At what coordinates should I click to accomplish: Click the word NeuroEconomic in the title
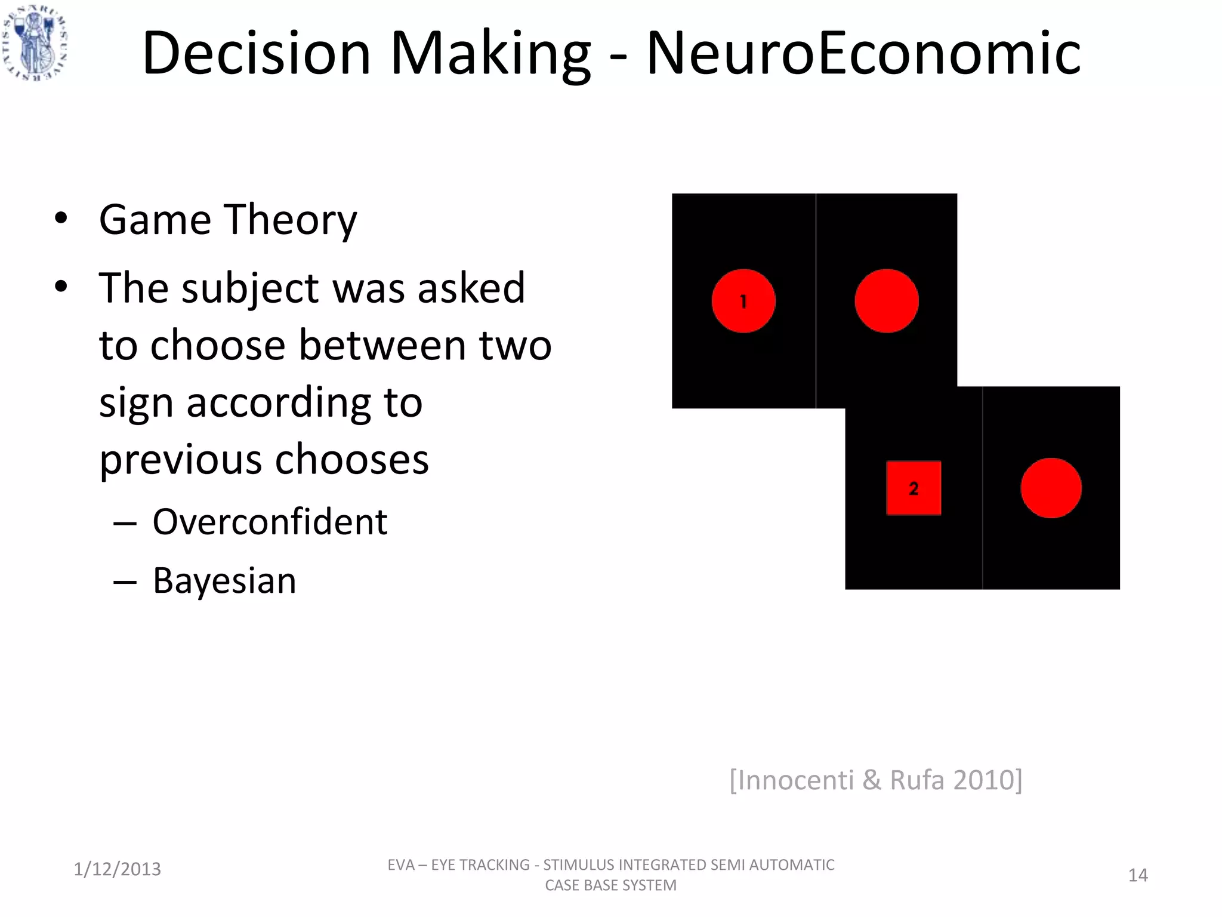click(x=863, y=54)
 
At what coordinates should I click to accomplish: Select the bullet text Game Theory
click(x=228, y=220)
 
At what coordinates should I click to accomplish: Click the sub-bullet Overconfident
click(x=270, y=522)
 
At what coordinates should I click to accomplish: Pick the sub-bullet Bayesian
click(x=224, y=580)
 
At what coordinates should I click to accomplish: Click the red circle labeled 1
click(x=743, y=301)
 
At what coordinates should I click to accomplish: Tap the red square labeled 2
click(x=914, y=488)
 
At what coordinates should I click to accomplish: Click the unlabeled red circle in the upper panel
click(x=886, y=301)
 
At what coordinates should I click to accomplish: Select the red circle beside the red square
click(x=1051, y=488)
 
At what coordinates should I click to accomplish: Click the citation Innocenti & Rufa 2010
click(x=876, y=780)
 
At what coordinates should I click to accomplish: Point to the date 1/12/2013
click(x=117, y=869)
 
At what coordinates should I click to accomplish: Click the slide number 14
click(x=1138, y=875)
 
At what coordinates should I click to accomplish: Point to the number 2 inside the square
click(x=914, y=489)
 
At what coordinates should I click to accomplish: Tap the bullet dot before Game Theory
click(x=61, y=219)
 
